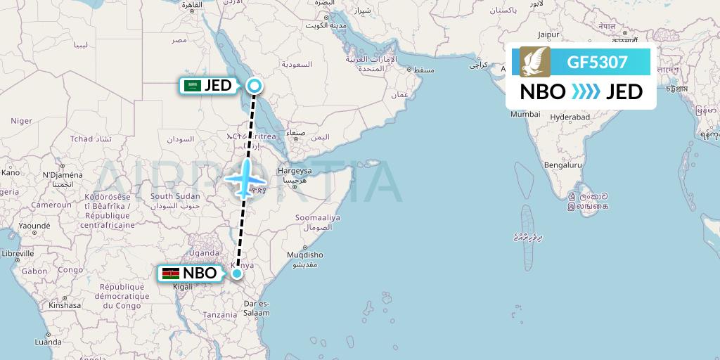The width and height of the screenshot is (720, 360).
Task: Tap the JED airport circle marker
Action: [255, 86]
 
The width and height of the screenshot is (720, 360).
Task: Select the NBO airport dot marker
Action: [238, 274]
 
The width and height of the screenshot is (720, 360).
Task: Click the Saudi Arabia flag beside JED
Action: [192, 86]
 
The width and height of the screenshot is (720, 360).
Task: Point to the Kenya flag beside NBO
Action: [170, 274]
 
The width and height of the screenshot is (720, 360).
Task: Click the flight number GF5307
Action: [597, 62]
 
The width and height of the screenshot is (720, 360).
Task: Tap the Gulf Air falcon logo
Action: [535, 62]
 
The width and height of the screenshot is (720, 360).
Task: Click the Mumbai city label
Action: [525, 114]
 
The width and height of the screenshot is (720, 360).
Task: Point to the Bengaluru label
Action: [562, 165]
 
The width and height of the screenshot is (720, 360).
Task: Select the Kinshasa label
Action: [65, 306]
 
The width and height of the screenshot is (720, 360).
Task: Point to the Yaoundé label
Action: [34, 226]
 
